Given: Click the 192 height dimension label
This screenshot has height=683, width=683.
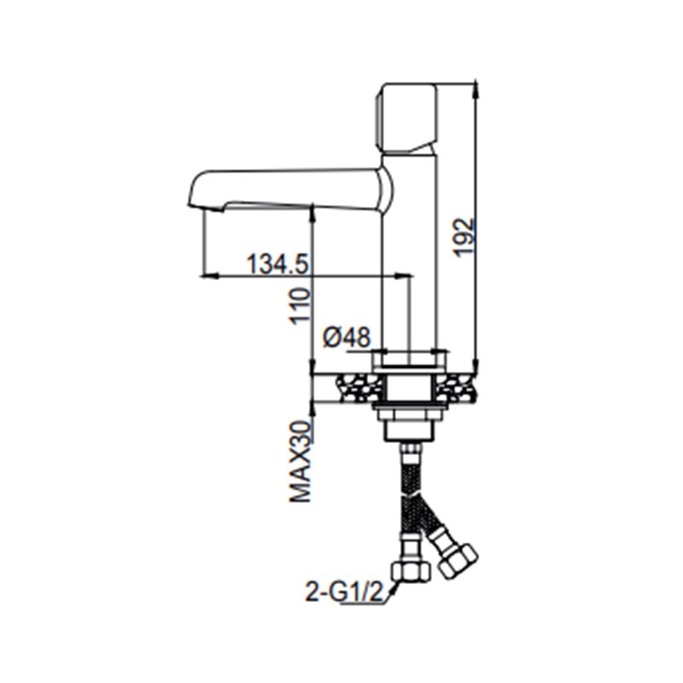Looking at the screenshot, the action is (464, 238).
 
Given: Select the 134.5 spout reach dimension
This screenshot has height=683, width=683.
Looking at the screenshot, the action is (278, 264).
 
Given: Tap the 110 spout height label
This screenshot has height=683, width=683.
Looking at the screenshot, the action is (301, 306).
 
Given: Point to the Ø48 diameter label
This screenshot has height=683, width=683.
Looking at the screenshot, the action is (347, 337).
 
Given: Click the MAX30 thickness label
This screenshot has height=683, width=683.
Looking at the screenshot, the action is (301, 462).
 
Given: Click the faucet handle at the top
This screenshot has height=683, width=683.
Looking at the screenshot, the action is (406, 119).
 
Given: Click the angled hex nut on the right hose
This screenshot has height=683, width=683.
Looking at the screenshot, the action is (458, 560).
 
